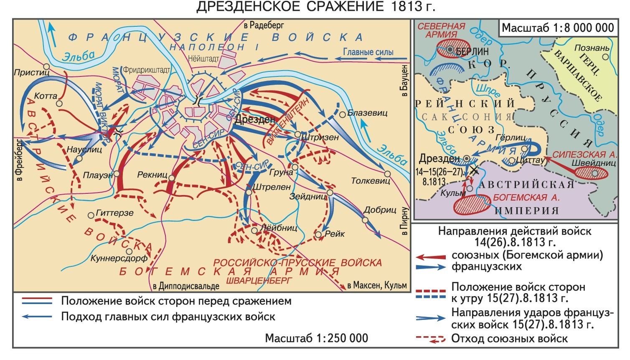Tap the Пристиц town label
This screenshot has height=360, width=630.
[31, 72]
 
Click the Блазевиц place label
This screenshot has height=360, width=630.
[367, 113]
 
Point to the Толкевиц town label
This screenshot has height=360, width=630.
[370, 181]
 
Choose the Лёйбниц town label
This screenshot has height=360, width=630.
[278, 228]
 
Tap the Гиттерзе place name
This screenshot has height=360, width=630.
[114, 213]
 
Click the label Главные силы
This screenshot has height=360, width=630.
[368, 52]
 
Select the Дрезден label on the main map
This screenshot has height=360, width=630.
[255, 119]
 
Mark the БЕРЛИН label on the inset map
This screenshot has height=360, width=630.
[472, 51]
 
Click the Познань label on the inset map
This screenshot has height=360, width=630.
[592, 48]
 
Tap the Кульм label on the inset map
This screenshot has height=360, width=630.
[453, 193]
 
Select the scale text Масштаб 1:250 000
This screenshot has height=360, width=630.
[316, 338]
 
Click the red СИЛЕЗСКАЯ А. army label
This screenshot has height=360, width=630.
[584, 154]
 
